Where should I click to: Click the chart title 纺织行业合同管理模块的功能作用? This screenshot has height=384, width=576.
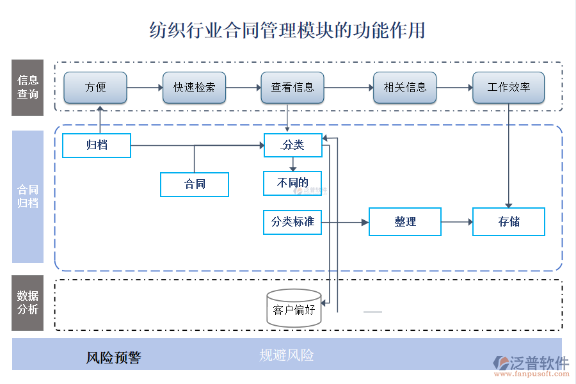tap(287, 30)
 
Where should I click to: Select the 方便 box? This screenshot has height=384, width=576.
tap(95, 88)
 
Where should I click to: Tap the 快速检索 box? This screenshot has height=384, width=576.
tap(195, 88)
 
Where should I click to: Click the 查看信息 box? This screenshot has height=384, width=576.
tap(292, 88)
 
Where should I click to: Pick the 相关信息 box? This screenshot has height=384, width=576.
tap(404, 88)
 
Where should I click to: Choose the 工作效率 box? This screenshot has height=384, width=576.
tap(508, 88)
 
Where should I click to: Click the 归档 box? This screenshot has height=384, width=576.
tap(97, 145)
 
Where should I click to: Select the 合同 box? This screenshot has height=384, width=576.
tap(195, 184)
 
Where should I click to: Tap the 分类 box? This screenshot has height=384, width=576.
tap(292, 145)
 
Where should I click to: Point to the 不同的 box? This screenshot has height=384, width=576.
tap(292, 183)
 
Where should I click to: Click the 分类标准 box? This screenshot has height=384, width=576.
tap(292, 222)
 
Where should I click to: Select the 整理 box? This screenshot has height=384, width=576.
tap(405, 222)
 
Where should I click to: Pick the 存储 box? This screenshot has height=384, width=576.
tap(509, 222)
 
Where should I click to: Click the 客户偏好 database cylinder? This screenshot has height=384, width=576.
tap(294, 309)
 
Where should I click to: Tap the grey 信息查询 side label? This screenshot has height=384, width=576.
tap(28, 88)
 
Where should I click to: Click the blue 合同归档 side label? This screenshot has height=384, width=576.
tap(28, 196)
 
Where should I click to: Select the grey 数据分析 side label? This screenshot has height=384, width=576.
tap(28, 303)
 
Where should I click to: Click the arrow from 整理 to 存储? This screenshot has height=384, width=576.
tap(456, 222)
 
